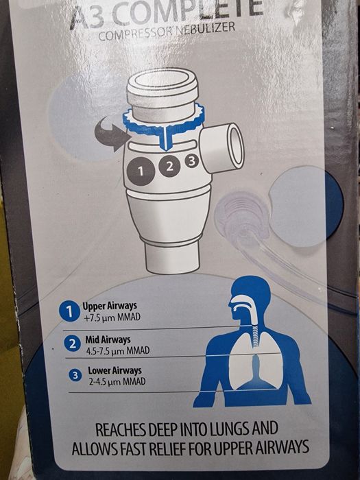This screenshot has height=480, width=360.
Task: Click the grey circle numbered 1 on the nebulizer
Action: coord(141,171)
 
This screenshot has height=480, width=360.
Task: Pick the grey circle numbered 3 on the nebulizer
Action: coord(191,160)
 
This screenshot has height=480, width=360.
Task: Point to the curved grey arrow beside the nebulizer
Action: coord(113,134)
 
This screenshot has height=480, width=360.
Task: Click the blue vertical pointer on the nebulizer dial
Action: coord(166,139)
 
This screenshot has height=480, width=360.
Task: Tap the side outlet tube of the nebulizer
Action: coord(222,148)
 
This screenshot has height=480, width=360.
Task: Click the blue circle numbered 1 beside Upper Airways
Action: coord(70,311)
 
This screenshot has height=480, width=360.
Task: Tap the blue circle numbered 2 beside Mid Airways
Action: coord(73,344)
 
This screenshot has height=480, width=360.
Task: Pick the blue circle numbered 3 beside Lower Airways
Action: coord(75,375)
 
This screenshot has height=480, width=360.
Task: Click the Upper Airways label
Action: coord(110,306)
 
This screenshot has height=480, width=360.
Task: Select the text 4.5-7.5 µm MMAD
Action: coord(118,350)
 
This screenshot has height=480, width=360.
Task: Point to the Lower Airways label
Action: coord(115,370)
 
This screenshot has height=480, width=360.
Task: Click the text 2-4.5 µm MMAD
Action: coord(117,381)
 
